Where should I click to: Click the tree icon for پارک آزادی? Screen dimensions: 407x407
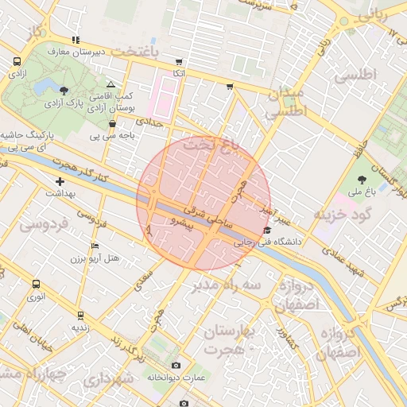point(63,90)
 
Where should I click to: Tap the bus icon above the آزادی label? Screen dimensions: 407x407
point(17,61)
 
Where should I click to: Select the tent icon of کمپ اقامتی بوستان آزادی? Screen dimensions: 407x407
point(110,84)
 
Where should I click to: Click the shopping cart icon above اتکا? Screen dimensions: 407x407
point(180,61)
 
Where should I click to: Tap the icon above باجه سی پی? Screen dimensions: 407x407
point(111,123)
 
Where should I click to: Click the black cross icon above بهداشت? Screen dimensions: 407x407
point(60,182)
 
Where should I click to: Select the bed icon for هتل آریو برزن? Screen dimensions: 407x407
point(95,246)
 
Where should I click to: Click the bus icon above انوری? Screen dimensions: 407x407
point(37,284)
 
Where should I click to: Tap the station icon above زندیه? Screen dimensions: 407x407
point(79,314)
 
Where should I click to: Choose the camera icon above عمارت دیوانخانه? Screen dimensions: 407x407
point(176,366)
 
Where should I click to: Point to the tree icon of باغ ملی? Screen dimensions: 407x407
point(362,179)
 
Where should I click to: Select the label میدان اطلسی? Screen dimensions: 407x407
point(286,103)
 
